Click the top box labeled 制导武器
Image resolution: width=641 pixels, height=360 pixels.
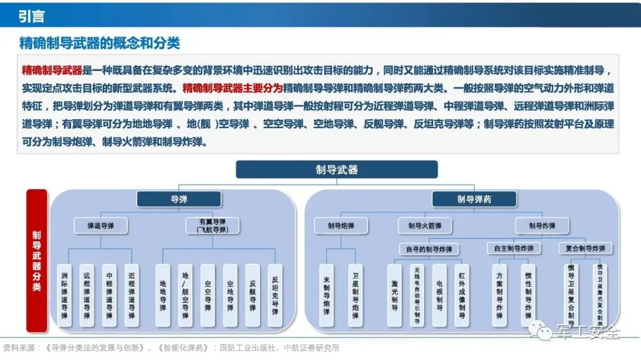point(337,170)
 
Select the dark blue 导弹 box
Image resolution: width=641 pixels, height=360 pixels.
point(179,199)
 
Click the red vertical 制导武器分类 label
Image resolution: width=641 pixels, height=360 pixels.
point(37,260)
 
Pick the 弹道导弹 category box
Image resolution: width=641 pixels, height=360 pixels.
point(100,225)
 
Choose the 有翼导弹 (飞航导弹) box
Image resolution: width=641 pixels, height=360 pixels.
point(204,225)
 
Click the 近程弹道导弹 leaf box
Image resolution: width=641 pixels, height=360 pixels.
point(131,295)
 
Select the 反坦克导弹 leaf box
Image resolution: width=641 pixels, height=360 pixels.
point(274,295)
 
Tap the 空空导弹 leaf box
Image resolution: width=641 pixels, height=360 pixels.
point(207,295)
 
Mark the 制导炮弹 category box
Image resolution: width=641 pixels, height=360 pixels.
point(341,225)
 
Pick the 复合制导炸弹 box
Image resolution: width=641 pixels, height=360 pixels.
point(586,249)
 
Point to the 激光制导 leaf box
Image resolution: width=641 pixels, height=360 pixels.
point(395,295)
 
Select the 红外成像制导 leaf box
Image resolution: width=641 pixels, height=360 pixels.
point(462,295)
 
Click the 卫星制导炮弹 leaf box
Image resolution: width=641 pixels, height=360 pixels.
point(354,295)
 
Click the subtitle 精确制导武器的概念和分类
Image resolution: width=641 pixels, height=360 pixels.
point(99,43)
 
